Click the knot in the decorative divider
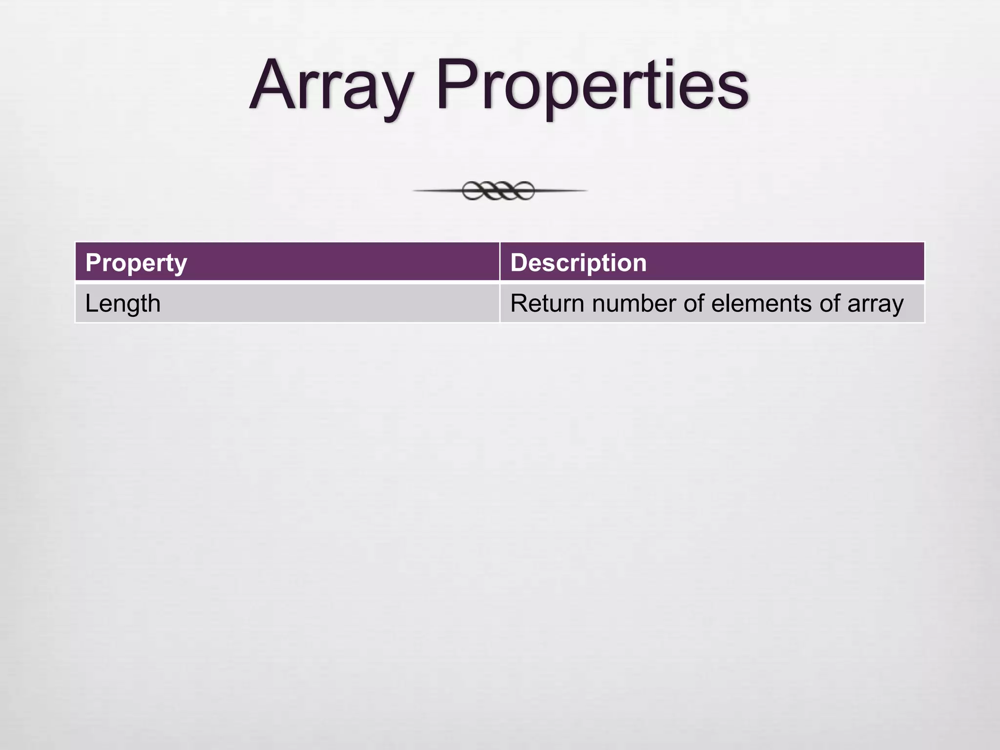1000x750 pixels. (x=499, y=190)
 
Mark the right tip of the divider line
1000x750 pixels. (x=585, y=190)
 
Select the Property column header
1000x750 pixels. (x=136, y=263)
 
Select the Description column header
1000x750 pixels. (x=578, y=263)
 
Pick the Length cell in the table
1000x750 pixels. (x=123, y=304)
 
